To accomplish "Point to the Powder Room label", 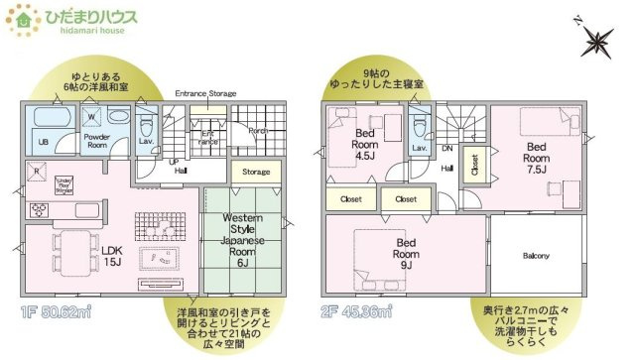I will coord(96,143).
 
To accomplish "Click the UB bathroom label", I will coord(43,143).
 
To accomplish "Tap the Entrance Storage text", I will coord(205,93).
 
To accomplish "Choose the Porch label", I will coord(258,130).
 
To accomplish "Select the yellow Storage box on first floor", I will coord(256,172).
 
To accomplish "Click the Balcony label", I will coord(536,256).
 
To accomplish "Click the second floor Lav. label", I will coord(420,148).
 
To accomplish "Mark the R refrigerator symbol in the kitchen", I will coord(37,173).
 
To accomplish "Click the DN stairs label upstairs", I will coord(447,149).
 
